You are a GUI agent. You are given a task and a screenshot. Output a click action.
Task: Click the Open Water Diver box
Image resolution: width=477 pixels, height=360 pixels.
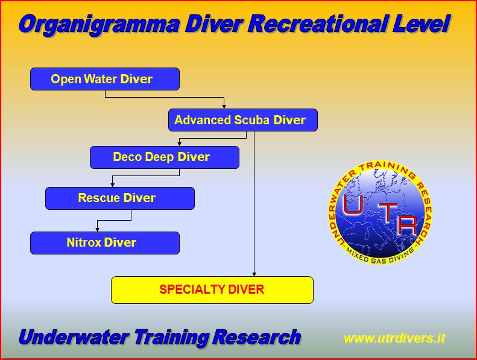point(105,79)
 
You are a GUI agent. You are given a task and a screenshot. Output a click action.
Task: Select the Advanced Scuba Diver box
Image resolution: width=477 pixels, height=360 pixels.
point(243,120)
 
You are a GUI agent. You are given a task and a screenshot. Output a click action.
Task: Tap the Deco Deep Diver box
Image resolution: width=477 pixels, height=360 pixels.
point(165,157)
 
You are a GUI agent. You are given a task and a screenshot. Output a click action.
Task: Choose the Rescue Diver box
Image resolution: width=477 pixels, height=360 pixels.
point(120,198)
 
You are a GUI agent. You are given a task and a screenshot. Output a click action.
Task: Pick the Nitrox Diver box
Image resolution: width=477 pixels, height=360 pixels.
point(105,243)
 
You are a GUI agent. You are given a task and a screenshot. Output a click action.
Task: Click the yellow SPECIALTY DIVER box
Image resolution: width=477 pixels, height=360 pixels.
point(212,290)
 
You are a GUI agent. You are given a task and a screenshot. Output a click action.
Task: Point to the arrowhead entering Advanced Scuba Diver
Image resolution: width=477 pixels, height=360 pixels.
point(224,107)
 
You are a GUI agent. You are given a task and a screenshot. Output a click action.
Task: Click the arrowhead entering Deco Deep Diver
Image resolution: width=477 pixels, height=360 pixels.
point(180,144)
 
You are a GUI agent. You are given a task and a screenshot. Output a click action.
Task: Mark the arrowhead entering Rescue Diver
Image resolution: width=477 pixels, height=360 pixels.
point(112,185)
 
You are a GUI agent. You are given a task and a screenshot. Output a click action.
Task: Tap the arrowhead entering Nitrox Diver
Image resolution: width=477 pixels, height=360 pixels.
point(97,230)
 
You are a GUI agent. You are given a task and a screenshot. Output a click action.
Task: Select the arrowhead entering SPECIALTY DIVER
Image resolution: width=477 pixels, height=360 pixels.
point(254,274)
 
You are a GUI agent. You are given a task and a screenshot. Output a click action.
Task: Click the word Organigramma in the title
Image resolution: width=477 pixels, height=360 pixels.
point(100,25)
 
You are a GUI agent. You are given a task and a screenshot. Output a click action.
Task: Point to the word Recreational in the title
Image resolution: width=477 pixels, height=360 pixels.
point(317,24)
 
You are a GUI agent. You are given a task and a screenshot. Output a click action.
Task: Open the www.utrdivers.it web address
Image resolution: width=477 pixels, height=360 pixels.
point(394,338)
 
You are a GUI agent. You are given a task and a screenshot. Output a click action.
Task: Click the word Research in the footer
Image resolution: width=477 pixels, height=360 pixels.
point(256,337)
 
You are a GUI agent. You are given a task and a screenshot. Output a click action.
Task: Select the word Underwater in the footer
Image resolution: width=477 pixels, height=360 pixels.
point(74,337)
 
